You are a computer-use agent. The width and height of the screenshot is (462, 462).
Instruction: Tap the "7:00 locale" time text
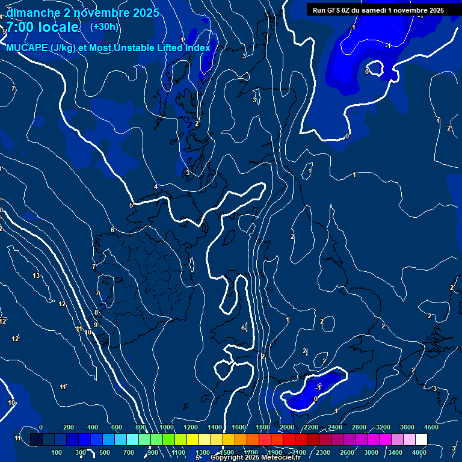click(42, 27)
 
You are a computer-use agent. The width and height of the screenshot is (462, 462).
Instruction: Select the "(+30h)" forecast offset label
click(104, 27)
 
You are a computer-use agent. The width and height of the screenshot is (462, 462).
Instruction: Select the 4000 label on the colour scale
click(419, 452)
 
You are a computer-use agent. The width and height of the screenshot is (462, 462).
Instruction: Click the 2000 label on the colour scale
click(286, 427)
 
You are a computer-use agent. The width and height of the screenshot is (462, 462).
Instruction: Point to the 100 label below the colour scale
click(57, 452)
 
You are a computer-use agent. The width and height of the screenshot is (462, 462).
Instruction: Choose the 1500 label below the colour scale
click(227, 452)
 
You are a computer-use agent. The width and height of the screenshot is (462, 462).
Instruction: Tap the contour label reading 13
click(36, 276)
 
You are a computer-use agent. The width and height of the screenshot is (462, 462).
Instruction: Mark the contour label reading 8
click(96, 313)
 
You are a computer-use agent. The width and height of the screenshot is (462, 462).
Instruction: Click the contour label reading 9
click(95, 325)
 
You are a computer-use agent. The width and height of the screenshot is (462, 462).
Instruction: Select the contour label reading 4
click(156, 187)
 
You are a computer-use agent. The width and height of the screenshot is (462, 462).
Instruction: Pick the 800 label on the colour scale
click(141, 427)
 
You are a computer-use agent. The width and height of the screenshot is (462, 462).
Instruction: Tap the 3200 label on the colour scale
click(383, 427)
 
